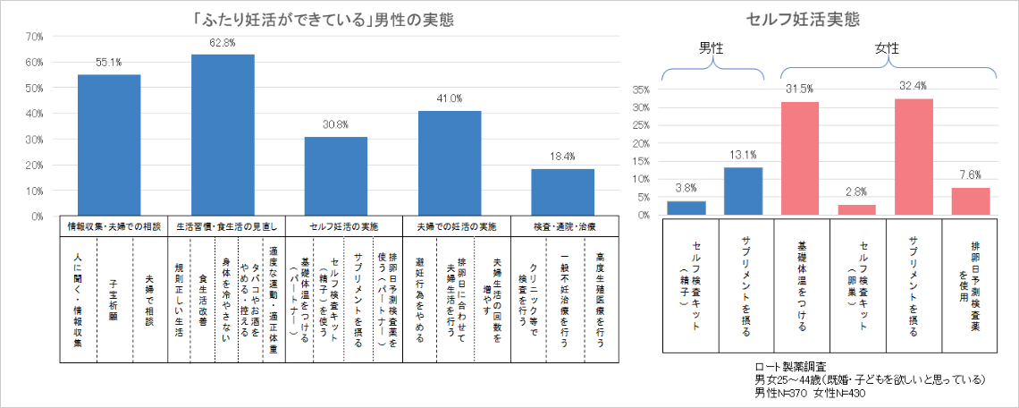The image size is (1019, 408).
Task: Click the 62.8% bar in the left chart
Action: click(x=223, y=134)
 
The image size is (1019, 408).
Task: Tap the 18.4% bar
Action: click(x=562, y=191)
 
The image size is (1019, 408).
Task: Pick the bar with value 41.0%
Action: click(x=450, y=163)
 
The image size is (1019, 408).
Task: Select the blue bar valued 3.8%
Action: click(x=686, y=208)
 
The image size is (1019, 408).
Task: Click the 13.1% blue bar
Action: click(x=743, y=191)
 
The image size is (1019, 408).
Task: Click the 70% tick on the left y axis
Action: click(x=35, y=37)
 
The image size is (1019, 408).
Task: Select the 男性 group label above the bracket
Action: click(x=712, y=49)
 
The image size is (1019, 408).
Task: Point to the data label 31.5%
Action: click(x=799, y=88)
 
